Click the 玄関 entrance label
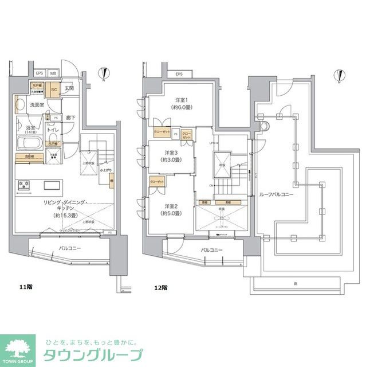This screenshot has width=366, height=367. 69,88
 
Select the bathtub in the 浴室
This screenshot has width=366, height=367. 28,143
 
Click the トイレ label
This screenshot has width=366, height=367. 53,130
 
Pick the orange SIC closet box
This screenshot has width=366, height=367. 53,90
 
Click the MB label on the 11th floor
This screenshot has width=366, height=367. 53,73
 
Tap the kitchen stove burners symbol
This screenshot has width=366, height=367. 25,185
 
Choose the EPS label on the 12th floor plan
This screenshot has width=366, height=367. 179,75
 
